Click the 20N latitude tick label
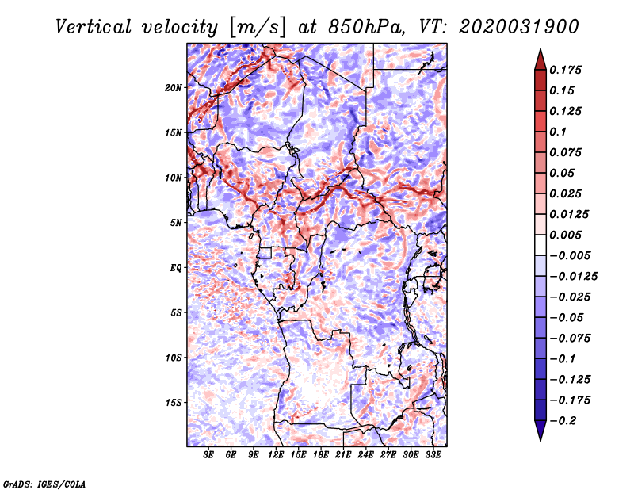pos(173,88)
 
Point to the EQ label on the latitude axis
pos(175,268)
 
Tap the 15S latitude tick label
pos(173,403)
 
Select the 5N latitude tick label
pos(176,223)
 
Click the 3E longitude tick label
pos(208,455)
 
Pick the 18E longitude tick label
pos(321,455)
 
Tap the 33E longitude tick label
pos(433,455)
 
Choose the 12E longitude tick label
pos(276,455)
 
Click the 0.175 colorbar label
pos(565,70)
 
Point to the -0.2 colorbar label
pos(563,421)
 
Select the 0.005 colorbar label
pos(565,235)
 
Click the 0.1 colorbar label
pos(558,132)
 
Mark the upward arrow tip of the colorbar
pos(540,49)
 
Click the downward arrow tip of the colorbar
pos(540,441)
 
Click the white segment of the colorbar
pos(540,245)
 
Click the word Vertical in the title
pos(94,27)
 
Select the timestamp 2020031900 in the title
pos(519,27)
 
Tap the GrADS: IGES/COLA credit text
pos(44,484)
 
